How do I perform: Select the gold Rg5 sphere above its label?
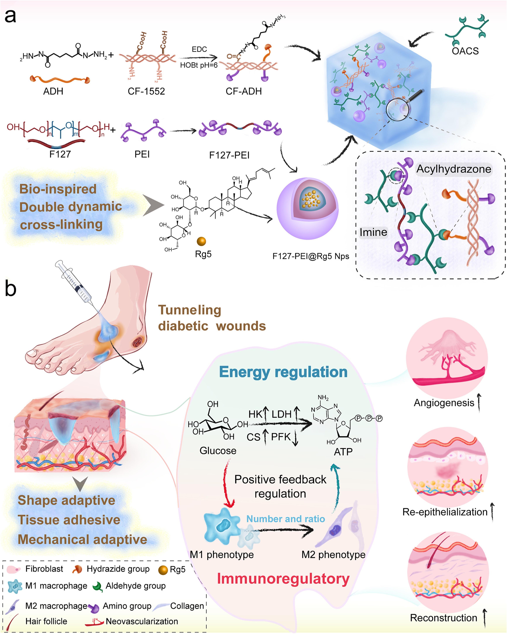[202, 241]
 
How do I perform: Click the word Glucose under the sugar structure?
[218, 451]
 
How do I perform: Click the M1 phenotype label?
[222, 555]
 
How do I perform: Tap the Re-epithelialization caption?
[445, 512]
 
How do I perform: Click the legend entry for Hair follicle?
[46, 621]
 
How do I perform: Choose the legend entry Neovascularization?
[142, 621]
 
